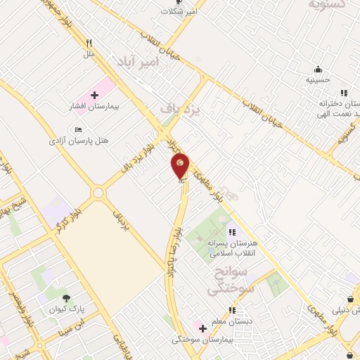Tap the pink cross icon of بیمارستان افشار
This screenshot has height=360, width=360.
coord(94,94)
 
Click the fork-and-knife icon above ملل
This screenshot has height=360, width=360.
coord(89,42)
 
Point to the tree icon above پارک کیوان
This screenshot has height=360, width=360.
coord(67,298)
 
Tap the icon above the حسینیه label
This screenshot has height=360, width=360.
coord(318,69)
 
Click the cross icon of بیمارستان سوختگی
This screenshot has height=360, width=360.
coord(202,328)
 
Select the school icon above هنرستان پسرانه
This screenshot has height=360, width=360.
coord(232,232)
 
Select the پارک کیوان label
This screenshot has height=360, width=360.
coord(66,309)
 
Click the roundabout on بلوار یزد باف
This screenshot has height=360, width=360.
coord(97,192)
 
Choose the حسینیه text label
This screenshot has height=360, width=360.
coord(318,80)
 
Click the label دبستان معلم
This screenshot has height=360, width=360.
coord(235,321)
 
